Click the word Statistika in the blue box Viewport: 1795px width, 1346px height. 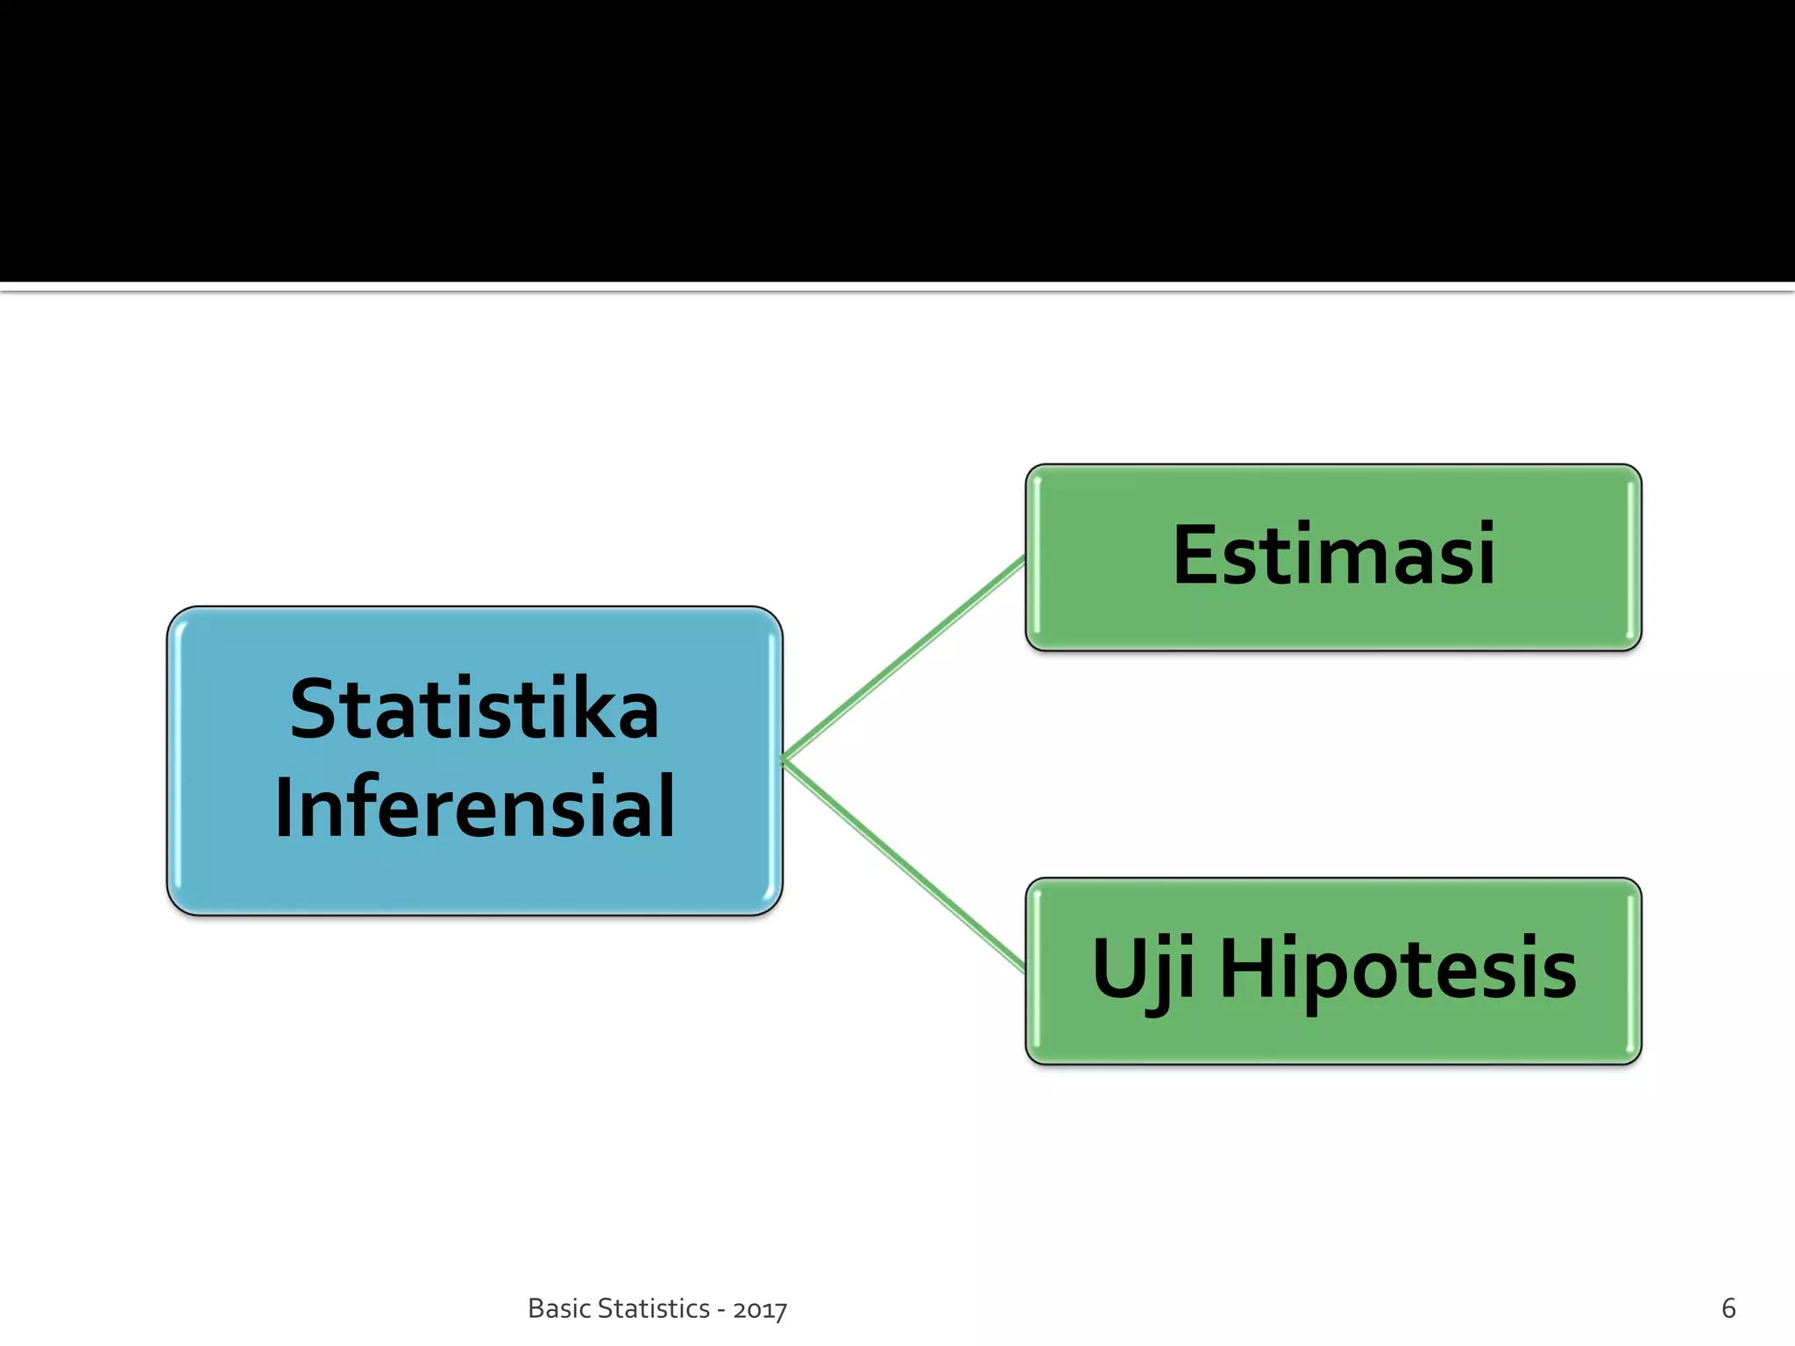(474, 710)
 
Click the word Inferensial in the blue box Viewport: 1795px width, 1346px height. (474, 808)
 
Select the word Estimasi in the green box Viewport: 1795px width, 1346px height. (1333, 555)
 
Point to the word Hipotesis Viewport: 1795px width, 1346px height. (1398, 969)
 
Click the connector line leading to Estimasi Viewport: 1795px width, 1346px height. (903, 658)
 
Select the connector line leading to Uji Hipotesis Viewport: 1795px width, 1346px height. (903, 865)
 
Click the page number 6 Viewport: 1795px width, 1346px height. (1728, 1308)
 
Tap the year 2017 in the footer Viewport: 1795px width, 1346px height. (760, 1310)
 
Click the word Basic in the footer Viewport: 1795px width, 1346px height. (558, 1308)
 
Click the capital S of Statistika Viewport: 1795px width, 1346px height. (312, 710)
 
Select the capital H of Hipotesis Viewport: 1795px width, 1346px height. (1250, 968)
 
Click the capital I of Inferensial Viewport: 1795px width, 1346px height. (283, 808)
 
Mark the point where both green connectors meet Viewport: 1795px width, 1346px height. (784, 759)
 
